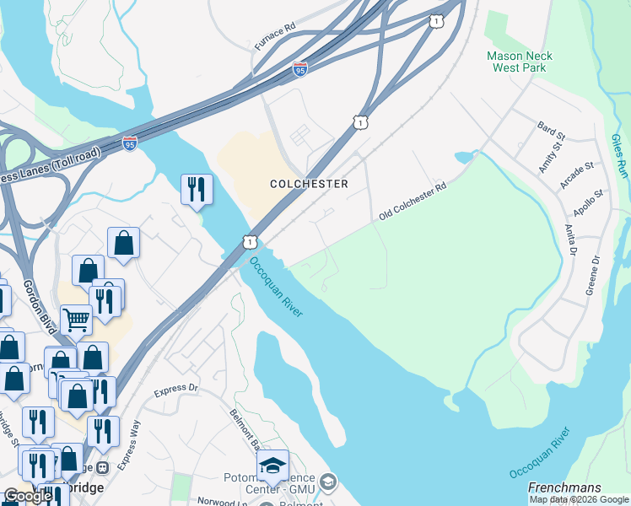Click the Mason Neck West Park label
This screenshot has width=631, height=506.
pos(519,62)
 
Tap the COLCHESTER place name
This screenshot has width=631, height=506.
pos(309,184)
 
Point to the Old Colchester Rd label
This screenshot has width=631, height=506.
pos(412,202)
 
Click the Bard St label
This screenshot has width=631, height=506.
pos(549,128)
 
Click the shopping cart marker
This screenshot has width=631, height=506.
pos(76,320)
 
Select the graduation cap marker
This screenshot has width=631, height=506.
pos(272,466)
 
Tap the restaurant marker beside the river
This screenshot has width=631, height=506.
pos(196,189)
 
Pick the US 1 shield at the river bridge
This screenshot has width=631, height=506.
pos(250,242)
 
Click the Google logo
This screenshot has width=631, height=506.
pos(28,496)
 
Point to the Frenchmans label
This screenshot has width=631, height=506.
pos(564,487)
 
